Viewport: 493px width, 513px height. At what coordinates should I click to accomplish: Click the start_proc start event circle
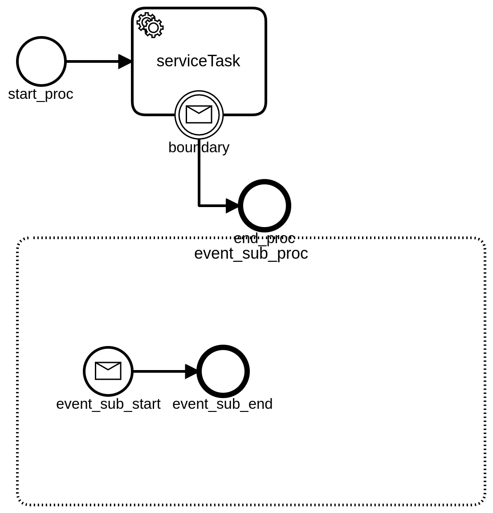41,61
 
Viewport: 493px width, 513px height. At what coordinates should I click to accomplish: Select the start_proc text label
41,94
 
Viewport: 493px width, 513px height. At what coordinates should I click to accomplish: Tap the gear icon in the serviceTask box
151,25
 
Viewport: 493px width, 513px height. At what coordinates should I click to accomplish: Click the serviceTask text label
198,61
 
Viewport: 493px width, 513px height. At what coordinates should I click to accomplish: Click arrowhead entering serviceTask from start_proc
126,61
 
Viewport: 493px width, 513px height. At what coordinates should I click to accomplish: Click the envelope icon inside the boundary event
199,114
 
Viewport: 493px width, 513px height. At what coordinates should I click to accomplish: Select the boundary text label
199,147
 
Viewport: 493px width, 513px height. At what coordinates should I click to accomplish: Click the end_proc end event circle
265,206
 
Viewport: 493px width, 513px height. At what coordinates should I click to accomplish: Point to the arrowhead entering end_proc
232,206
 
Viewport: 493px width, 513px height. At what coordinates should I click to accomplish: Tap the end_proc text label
265,239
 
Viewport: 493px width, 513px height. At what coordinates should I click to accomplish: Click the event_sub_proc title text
251,253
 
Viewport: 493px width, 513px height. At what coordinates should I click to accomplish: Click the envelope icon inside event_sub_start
108,371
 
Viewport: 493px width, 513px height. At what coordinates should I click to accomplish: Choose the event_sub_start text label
108,404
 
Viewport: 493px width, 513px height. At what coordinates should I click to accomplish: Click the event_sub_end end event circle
223,371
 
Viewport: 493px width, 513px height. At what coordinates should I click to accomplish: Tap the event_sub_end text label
222,404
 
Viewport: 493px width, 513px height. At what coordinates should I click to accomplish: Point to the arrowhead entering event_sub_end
191,371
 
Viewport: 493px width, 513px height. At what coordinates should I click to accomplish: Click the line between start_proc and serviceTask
91,61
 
